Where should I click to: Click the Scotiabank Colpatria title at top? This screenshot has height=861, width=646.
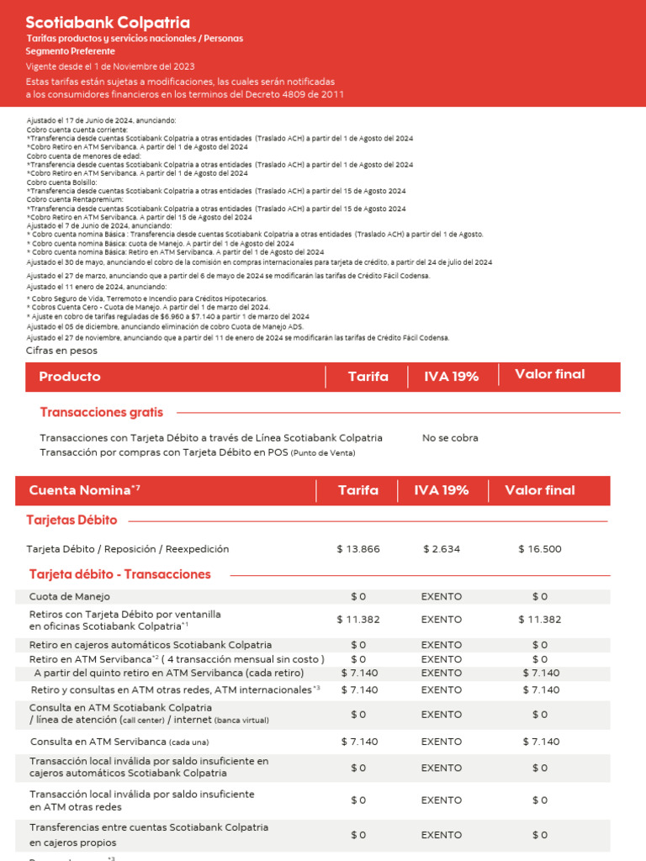[108, 23]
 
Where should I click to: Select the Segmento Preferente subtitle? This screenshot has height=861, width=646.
[70, 51]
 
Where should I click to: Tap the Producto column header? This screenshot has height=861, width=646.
[70, 377]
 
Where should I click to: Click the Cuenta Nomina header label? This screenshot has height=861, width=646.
[80, 490]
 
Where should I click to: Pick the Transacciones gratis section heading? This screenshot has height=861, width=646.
[102, 412]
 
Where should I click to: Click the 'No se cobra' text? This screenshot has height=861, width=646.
[450, 438]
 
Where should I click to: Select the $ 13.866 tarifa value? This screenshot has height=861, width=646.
[358, 549]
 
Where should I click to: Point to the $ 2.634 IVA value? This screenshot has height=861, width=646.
[442, 549]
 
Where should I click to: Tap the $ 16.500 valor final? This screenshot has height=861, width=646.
[540, 549]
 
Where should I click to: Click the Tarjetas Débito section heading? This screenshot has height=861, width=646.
[72, 520]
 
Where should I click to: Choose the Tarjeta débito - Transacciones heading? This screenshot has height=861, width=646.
[119, 574]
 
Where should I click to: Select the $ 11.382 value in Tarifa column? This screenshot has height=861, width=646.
[358, 620]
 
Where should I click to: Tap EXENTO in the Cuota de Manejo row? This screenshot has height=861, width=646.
[442, 596]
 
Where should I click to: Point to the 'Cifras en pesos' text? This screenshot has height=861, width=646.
[61, 351]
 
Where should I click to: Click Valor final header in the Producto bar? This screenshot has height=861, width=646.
[550, 374]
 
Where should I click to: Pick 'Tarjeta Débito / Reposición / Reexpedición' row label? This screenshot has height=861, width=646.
[128, 549]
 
